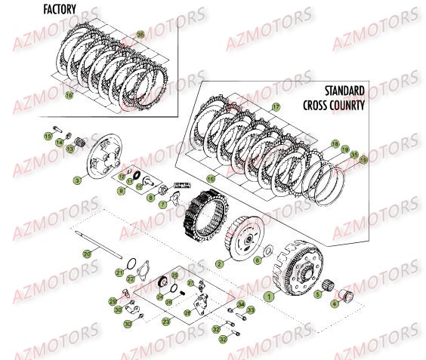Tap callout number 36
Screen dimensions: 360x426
140,36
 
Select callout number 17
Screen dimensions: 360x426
276,108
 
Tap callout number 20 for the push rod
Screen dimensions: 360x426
87,254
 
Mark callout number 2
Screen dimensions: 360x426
218,264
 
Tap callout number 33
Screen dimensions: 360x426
251,309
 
